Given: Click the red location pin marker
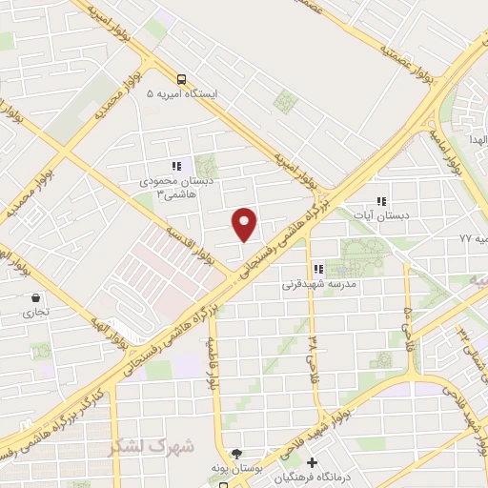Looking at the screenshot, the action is (245, 223).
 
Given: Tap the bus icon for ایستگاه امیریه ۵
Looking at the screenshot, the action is (182, 80).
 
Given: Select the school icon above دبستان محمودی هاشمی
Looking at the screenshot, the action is (174, 164).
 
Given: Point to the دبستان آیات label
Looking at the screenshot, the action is (390, 216).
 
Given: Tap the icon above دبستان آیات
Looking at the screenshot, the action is (381, 201).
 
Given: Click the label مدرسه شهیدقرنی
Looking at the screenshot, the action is (318, 284).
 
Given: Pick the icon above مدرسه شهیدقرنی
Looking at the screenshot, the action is (318, 269).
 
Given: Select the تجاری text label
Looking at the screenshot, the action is (35, 312).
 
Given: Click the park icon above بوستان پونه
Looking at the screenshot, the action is (237, 454).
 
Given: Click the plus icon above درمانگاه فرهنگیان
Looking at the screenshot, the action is (311, 463).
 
